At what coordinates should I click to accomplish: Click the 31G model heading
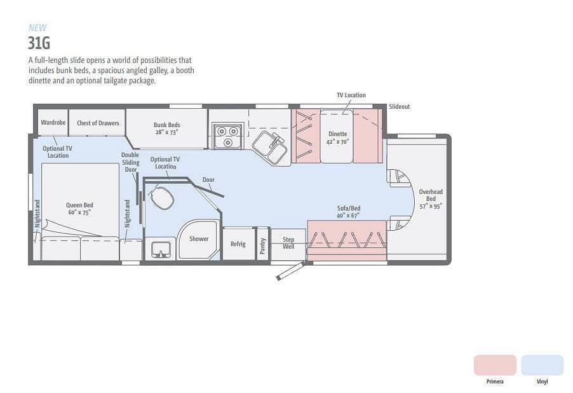[39, 43]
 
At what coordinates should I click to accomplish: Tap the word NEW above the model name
[37, 28]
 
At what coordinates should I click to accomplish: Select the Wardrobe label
[53, 122]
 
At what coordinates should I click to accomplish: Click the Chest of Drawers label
[98, 123]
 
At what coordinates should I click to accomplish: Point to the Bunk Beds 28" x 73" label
[167, 128]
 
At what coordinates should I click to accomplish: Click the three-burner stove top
[228, 135]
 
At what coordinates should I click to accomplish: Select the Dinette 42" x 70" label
[338, 137]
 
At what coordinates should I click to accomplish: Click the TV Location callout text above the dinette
[351, 95]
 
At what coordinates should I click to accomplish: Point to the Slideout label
[400, 106]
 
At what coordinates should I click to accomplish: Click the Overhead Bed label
[431, 198]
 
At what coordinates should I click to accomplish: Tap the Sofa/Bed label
[348, 212]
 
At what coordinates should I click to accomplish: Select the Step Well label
[288, 243]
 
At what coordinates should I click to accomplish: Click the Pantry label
[262, 246]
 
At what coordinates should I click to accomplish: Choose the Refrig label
[238, 244]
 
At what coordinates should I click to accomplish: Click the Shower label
[199, 238]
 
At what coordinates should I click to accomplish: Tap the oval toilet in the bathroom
[162, 198]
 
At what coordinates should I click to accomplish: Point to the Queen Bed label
[79, 209]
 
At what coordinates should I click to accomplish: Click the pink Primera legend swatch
[495, 365]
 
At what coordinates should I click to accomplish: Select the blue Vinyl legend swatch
[543, 365]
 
